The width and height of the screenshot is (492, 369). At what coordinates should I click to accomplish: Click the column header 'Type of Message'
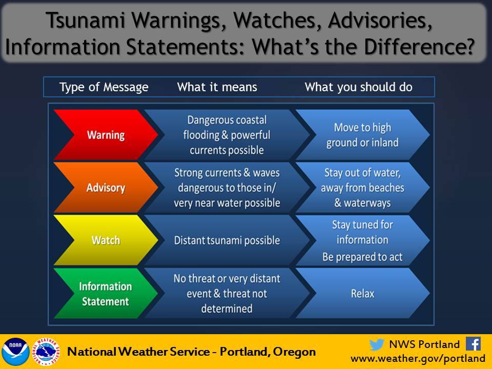tap(104, 87)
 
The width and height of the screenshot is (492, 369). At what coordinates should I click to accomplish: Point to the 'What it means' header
tap(217, 87)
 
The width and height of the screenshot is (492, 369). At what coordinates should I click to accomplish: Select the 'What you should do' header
tap(359, 87)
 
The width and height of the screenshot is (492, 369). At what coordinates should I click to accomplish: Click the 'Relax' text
tap(362, 294)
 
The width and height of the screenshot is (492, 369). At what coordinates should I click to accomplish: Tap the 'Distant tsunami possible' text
tap(227, 240)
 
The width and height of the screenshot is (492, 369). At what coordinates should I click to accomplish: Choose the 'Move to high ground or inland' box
tap(362, 135)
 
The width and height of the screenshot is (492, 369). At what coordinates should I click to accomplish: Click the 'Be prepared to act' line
tap(362, 257)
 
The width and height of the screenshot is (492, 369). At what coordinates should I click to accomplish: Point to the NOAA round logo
tap(15, 352)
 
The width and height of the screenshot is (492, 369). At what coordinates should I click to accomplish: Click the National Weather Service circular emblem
tap(46, 352)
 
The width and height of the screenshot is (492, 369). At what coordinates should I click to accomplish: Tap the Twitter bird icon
tap(377, 344)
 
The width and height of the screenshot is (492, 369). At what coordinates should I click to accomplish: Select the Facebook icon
tap(474, 344)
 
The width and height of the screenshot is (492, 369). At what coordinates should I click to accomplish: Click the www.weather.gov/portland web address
tap(418, 358)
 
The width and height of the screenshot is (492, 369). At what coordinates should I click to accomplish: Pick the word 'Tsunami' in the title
tap(86, 20)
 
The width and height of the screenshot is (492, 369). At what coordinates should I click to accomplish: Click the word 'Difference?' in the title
tap(419, 47)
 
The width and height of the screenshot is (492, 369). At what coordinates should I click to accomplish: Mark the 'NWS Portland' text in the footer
tap(424, 344)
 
